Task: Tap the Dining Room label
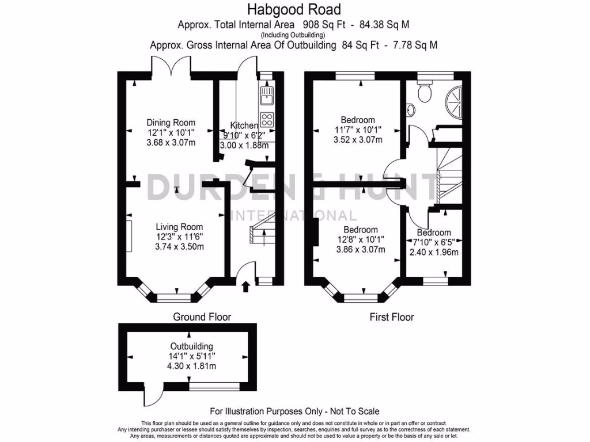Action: point(171,123)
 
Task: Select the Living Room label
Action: point(179,227)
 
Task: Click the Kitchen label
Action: point(244,125)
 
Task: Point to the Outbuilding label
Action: point(192,346)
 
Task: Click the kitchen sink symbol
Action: point(267,96)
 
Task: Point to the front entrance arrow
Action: point(246,285)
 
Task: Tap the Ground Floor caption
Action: point(202,317)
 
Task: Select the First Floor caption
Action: point(392,317)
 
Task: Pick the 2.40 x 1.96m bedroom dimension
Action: point(434,252)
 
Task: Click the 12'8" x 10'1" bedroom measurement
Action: point(361,239)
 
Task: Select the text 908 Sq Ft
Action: point(324,24)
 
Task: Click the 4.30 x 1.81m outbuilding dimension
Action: point(192,366)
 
